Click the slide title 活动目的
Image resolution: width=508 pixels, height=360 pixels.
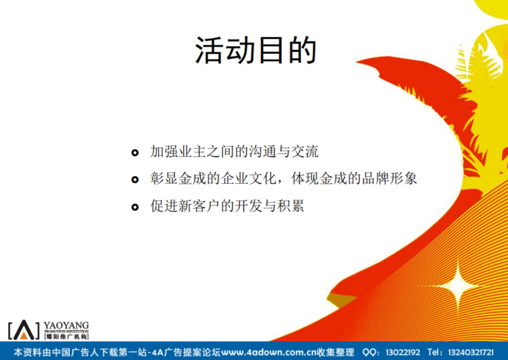pyautogui.click(x=256, y=50)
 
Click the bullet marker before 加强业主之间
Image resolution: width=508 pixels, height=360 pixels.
pyautogui.click(x=135, y=152)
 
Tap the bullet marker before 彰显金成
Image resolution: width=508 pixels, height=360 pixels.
pyautogui.click(x=135, y=180)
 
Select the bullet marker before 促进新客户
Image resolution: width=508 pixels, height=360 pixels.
pyautogui.click(x=135, y=207)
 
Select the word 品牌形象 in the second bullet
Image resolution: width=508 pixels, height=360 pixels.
pyautogui.click(x=389, y=179)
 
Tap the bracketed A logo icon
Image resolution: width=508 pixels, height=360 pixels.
pyautogui.click(x=24, y=330)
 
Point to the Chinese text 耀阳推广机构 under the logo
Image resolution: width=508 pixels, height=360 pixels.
pyautogui.click(x=66, y=337)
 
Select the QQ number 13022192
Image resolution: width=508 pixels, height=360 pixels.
pyautogui.click(x=403, y=352)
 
